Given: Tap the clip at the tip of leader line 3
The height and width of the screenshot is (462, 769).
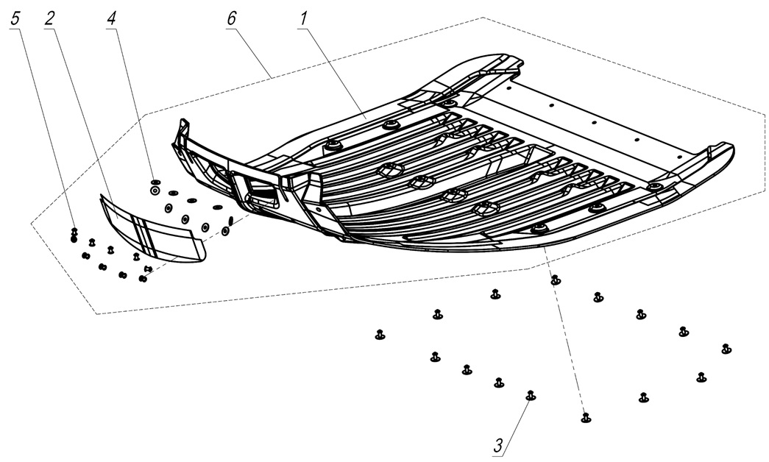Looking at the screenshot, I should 530,396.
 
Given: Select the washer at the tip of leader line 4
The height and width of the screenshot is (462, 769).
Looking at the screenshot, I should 155,189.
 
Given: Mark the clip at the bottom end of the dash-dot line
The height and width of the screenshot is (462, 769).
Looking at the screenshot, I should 586,418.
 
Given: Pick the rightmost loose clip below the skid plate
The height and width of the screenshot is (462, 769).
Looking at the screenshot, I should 726,348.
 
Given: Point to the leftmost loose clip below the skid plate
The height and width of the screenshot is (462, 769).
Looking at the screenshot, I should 380,335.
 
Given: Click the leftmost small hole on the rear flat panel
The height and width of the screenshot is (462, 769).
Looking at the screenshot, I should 508,88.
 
